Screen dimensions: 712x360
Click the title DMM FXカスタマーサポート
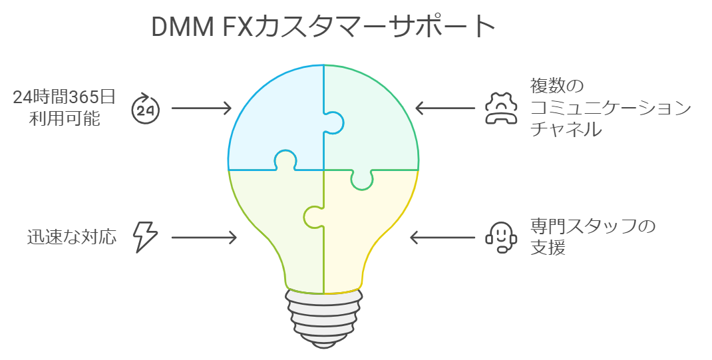click(323, 27)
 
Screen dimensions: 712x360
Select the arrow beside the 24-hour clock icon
click(201, 108)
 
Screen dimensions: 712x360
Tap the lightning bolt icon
click(146, 237)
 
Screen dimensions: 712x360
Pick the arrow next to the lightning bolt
click(204, 237)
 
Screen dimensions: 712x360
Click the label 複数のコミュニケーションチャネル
click(609, 108)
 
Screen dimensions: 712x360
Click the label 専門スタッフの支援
click(592, 237)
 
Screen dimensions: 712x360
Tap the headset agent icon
click(500, 237)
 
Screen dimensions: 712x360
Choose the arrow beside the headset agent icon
click(444, 237)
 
